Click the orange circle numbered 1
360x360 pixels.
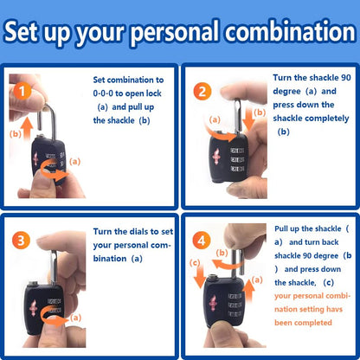22,91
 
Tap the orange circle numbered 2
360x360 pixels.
202,91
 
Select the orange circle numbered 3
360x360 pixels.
21,240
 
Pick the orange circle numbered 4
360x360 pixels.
202,241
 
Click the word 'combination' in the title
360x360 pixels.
291,32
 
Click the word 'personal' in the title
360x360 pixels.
175,32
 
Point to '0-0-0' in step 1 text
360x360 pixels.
103,93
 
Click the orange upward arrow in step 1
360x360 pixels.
28,128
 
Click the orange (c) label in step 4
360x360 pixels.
195,262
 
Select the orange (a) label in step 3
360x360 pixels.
75,318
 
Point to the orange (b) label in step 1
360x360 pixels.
16,133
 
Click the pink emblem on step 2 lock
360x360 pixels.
216,156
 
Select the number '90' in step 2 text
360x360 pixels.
346,78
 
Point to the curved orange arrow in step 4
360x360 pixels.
228,263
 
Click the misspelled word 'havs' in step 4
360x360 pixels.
334,309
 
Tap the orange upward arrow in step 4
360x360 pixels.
248,291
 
